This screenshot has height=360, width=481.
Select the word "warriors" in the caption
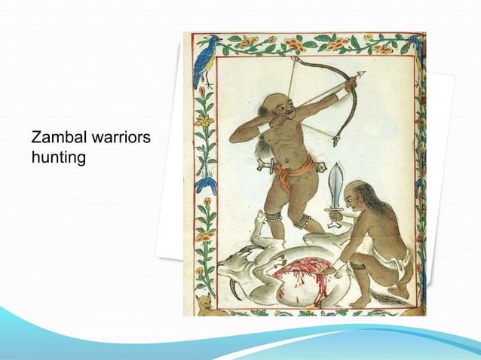click(121, 139)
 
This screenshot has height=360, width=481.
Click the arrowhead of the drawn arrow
click(360, 74)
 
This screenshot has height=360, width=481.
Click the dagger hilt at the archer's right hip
click(262, 164)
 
